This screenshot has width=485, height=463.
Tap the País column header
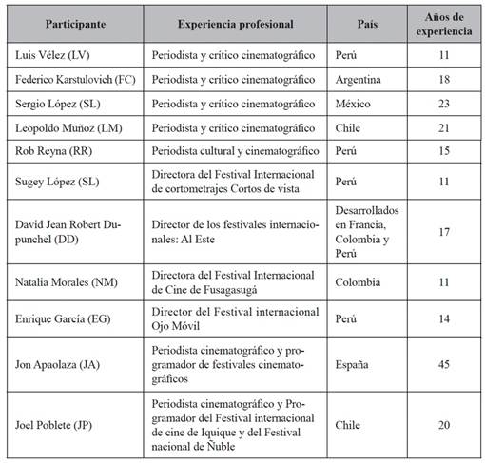coord(371,22)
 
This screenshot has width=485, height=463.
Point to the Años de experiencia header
coord(444,22)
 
